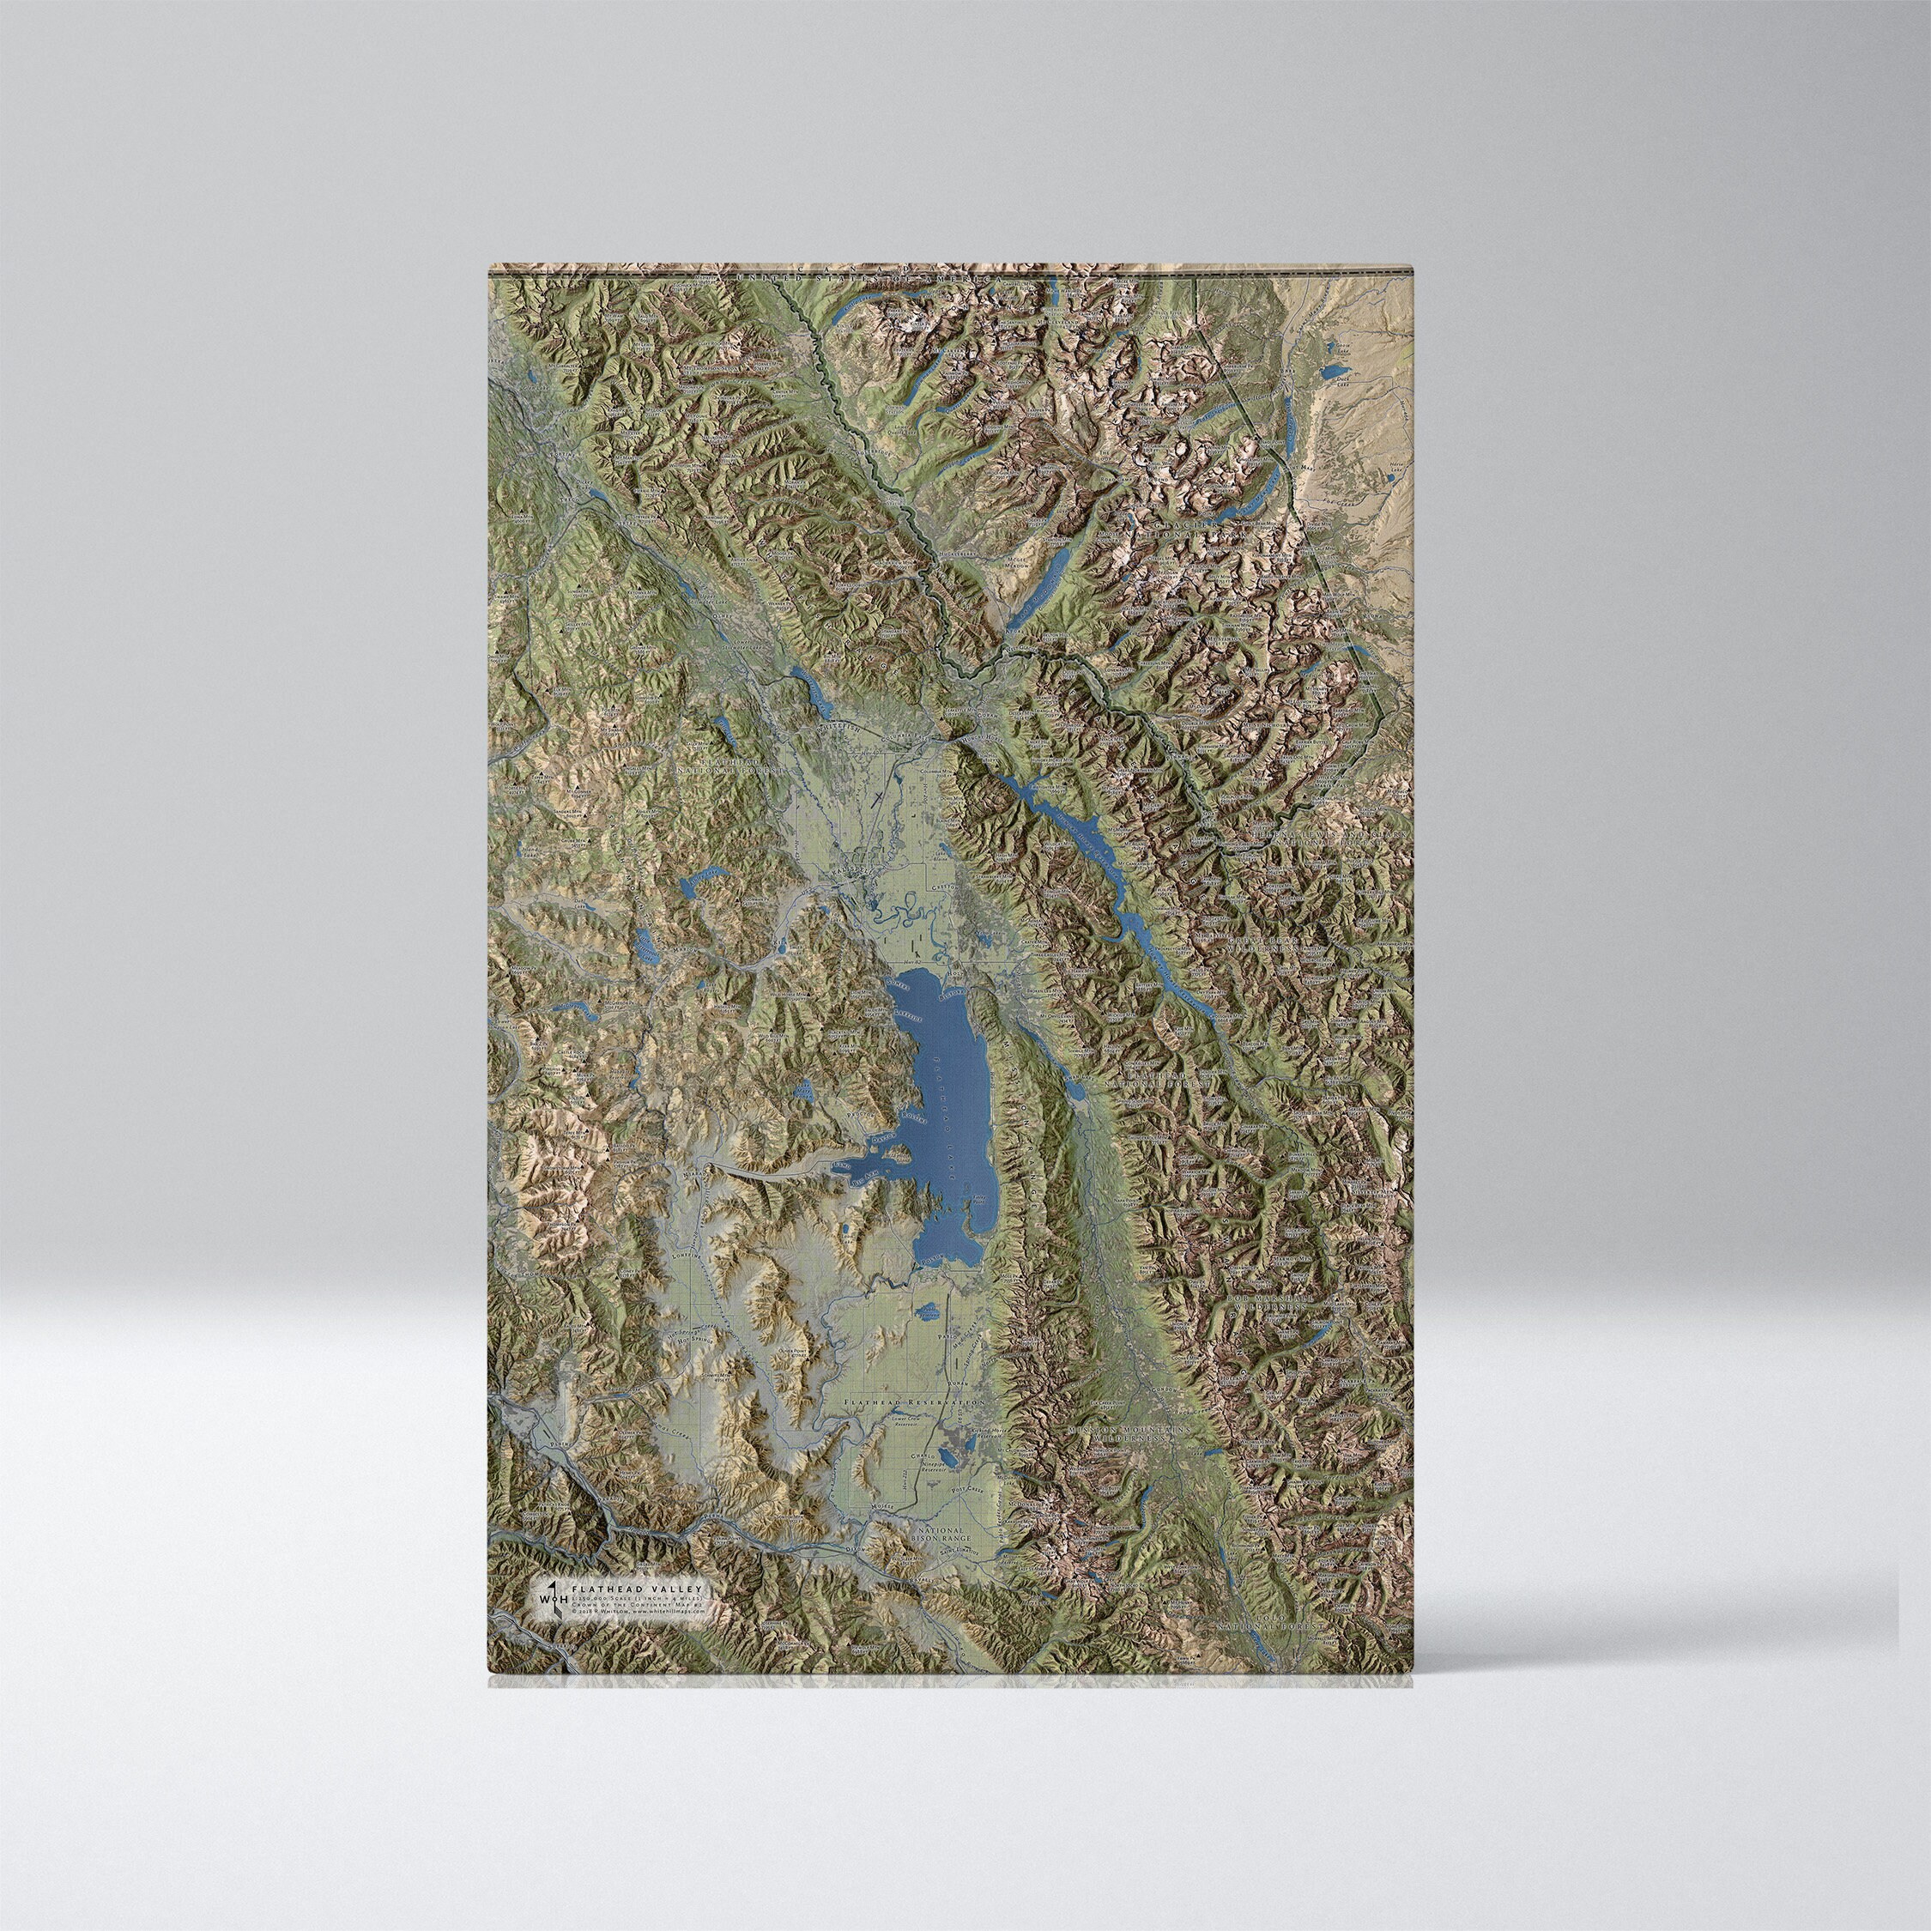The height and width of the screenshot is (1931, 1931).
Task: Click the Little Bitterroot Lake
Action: coord(648,940)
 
